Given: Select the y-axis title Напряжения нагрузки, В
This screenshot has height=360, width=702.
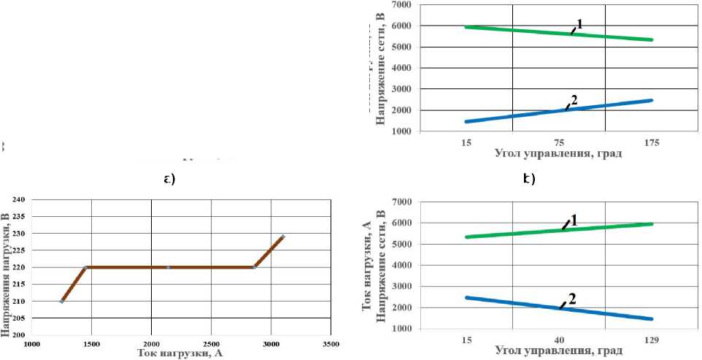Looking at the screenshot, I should click(6, 267).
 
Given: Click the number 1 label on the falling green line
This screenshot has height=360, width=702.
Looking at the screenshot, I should click(579, 24).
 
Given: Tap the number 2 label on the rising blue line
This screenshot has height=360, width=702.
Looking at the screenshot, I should click(574, 102).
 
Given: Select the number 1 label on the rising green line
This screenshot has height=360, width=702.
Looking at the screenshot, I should click(574, 219).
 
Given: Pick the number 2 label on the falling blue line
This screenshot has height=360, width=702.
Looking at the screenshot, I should click(573, 299).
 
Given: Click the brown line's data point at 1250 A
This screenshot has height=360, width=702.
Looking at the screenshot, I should click(62, 301).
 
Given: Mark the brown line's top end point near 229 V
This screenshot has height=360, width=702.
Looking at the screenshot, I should click(283, 237).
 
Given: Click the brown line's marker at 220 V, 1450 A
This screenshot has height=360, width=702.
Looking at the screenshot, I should click(86, 267).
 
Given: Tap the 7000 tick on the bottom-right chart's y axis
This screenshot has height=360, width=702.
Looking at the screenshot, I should click(430, 202).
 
